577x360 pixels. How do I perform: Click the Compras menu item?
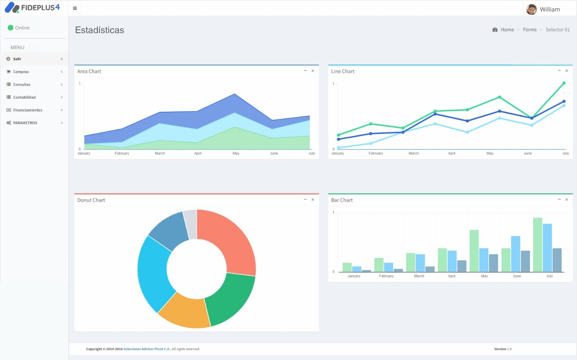tap(21, 72)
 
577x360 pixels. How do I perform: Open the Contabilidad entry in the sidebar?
tap(24, 97)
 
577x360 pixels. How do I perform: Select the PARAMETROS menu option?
tap(25, 123)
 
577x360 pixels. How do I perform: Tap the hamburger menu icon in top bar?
tap(75, 8)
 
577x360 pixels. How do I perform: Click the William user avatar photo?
tap(532, 9)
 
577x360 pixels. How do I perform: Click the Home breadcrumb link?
tap(507, 29)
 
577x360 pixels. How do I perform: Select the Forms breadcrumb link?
tap(530, 29)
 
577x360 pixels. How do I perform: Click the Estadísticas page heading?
tap(99, 30)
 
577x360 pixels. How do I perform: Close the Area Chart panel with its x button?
tap(313, 71)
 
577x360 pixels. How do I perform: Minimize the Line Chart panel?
tap(559, 71)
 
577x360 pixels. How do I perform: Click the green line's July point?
tap(564, 83)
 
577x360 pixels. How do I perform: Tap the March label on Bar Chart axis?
tap(419, 276)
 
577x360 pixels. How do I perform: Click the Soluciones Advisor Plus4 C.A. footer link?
tap(147, 349)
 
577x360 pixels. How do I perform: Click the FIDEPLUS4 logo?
tap(33, 7)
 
